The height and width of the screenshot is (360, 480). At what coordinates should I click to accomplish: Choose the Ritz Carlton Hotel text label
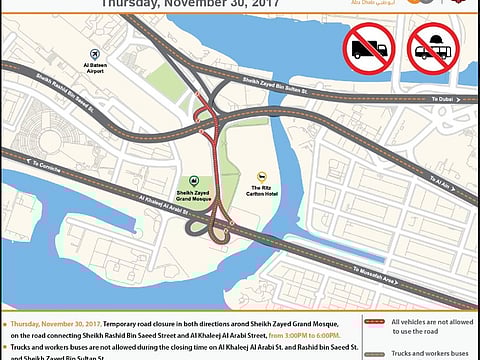[263, 190]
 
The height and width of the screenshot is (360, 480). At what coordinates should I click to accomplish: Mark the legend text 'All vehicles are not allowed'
[431, 322]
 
